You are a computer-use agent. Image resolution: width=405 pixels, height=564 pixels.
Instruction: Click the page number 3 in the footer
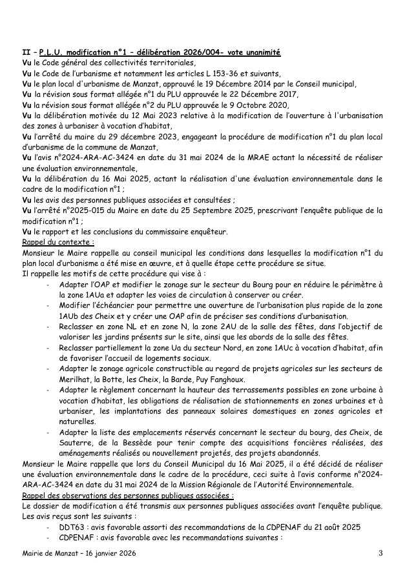click(380, 553)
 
